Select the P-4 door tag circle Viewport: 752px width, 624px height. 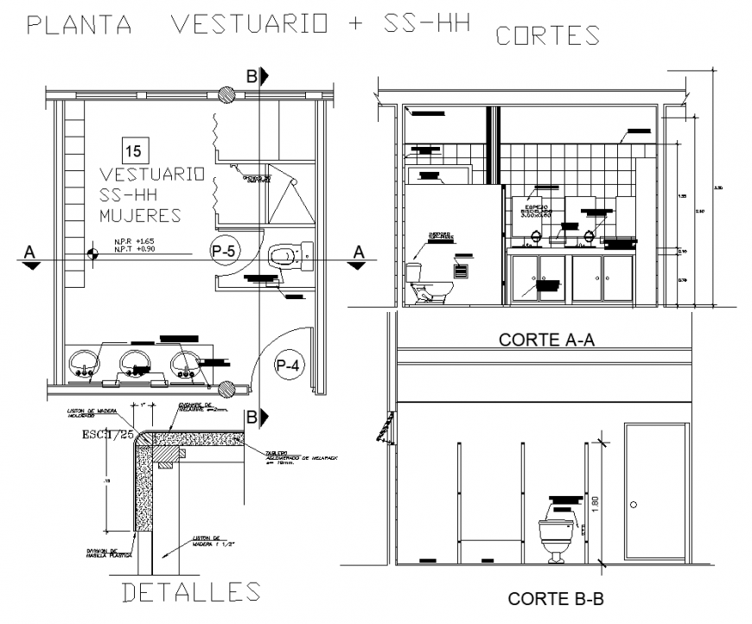pyautogui.click(x=287, y=366)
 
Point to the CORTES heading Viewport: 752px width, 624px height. pyautogui.click(x=547, y=35)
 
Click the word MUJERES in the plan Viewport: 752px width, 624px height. pyautogui.click(x=140, y=214)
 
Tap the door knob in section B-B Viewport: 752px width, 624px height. pyautogui.click(x=634, y=504)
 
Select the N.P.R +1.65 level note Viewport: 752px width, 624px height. pyautogui.click(x=133, y=241)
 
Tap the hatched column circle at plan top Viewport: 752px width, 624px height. pyautogui.click(x=227, y=93)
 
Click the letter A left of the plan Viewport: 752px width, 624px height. pyautogui.click(x=29, y=252)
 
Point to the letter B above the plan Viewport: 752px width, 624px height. pyautogui.click(x=252, y=77)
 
